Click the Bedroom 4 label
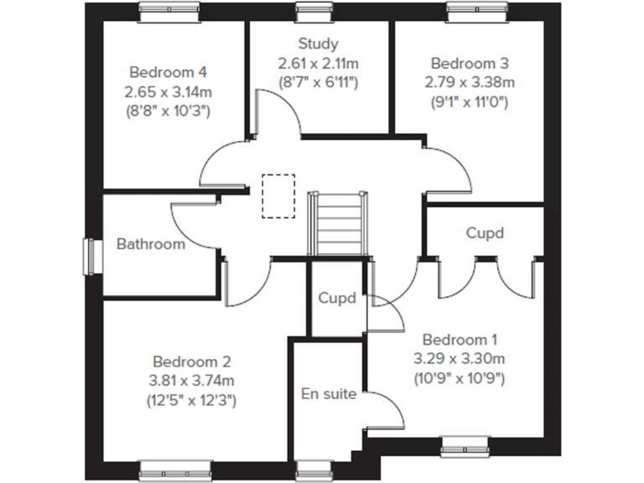(167, 71)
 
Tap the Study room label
(318, 44)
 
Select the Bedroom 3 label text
(469, 63)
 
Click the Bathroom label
(150, 244)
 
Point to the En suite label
(329, 393)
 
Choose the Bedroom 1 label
(460, 340)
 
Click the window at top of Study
(307, 11)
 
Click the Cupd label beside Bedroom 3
(485, 233)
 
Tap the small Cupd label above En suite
(337, 298)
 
